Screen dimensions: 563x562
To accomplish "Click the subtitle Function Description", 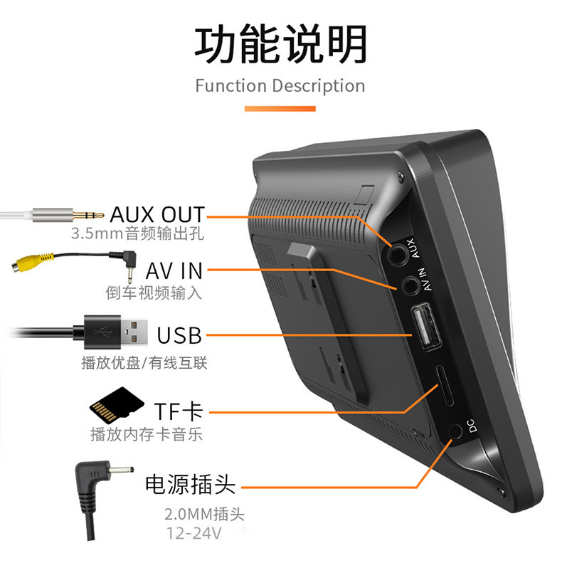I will point(280,86).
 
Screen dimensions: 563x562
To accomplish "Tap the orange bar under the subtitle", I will point(280,109).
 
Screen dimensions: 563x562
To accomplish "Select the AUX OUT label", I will point(157,214).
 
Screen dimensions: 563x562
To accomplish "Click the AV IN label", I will point(174,270).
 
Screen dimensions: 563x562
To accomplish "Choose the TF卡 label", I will point(178,411).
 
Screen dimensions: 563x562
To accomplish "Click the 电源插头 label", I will point(190,485).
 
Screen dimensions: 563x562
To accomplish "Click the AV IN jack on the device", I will point(408,286).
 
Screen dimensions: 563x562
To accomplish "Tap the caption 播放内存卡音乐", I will point(147,434).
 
